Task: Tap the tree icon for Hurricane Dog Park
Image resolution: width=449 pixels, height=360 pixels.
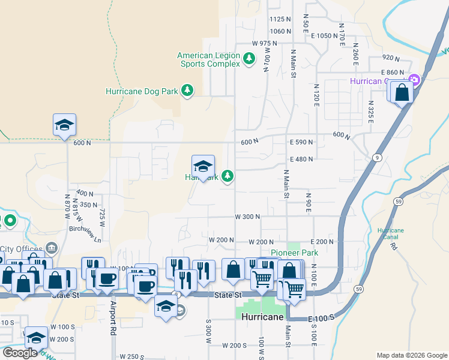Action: click(188, 91)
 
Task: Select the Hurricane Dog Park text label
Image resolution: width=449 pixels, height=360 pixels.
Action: click(142, 91)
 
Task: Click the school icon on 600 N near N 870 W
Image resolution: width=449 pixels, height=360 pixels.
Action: click(64, 125)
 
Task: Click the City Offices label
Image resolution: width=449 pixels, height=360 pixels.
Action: click(22, 248)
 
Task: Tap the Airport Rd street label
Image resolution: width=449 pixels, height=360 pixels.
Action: click(113, 319)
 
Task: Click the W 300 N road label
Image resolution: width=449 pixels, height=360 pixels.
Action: click(247, 217)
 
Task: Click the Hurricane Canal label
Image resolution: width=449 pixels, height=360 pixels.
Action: click(391, 234)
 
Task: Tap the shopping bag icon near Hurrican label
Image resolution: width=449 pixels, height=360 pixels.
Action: click(402, 92)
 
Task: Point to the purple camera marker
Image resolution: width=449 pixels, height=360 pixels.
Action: click(414, 80)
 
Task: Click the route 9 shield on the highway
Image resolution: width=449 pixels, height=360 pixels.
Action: click(376, 157)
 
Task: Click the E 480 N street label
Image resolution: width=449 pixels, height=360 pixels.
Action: click(301, 159)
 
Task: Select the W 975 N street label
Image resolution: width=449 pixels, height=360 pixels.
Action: click(265, 44)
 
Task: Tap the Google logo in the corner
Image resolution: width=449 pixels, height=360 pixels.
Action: click(20, 353)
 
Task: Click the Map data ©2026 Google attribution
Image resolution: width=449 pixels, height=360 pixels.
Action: click(411, 355)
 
